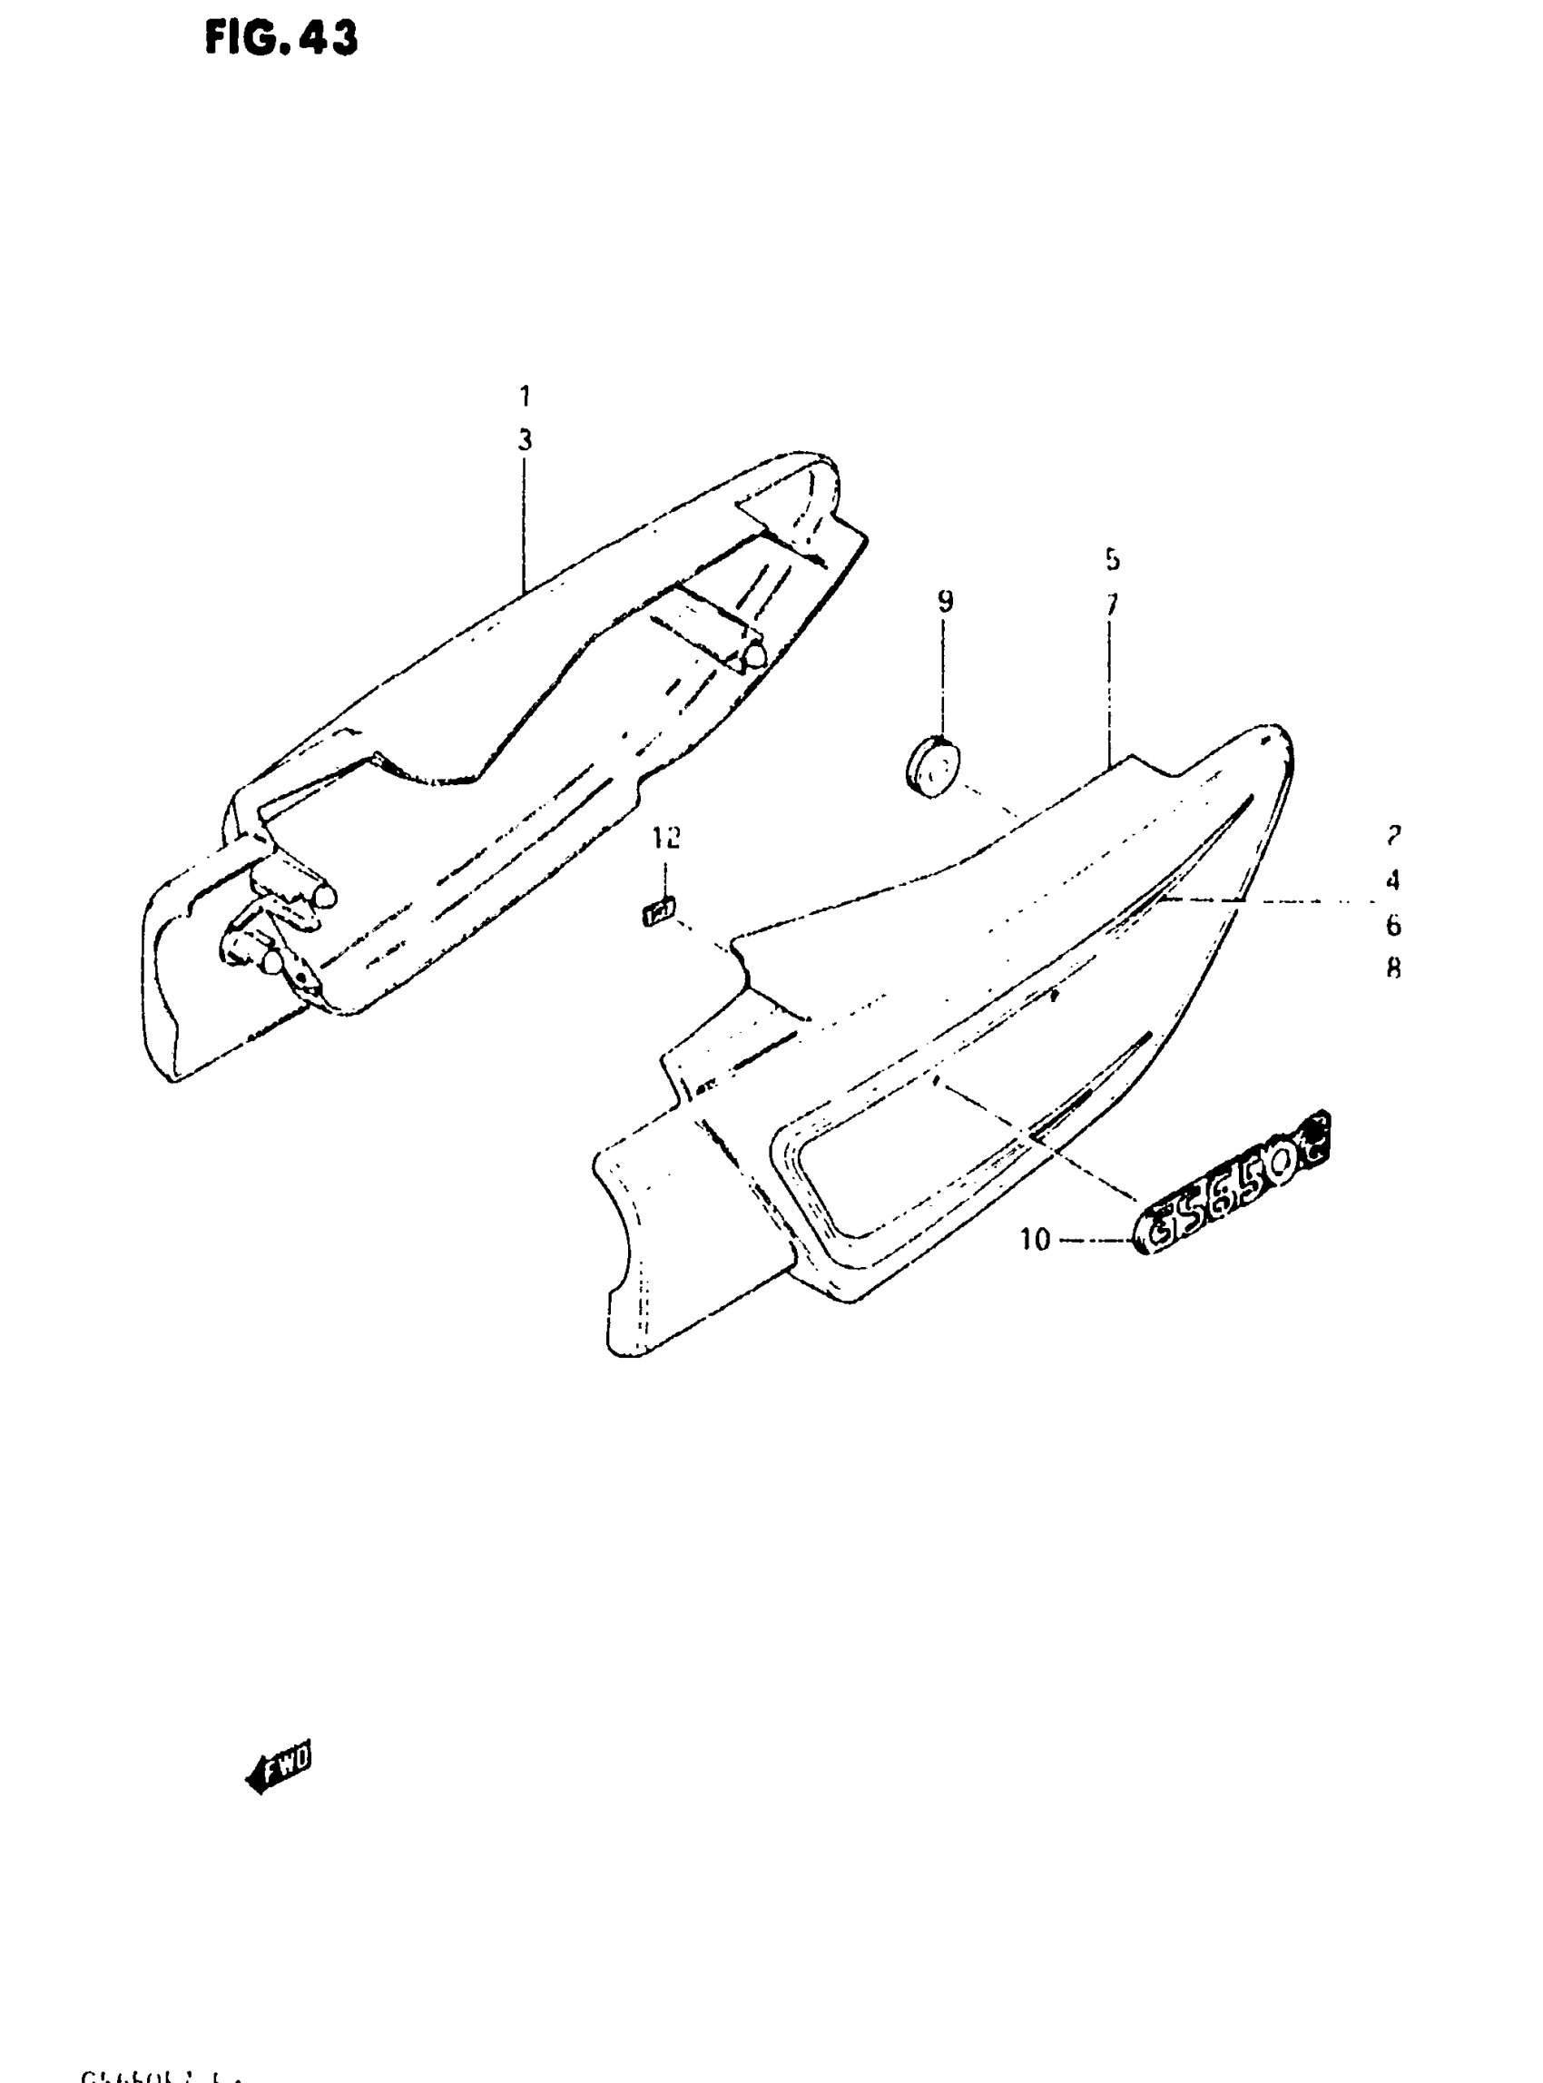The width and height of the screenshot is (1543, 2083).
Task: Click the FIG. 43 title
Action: pyautogui.click(x=281, y=39)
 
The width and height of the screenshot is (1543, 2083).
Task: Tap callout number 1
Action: pyautogui.click(x=525, y=396)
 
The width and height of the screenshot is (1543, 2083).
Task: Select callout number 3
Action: pyautogui.click(x=525, y=440)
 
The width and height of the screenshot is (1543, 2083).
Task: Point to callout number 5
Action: pyautogui.click(x=1112, y=559)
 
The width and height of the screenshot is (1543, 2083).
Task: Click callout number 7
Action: pyautogui.click(x=1112, y=604)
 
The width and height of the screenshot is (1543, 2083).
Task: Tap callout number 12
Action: pyautogui.click(x=666, y=838)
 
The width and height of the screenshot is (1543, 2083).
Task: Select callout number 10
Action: pyautogui.click(x=1035, y=1240)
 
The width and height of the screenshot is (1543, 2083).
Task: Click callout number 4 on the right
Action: pyautogui.click(x=1392, y=879)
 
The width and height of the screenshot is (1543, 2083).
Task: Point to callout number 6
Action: pyautogui.click(x=1392, y=925)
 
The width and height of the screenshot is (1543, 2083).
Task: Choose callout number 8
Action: pyautogui.click(x=1392, y=968)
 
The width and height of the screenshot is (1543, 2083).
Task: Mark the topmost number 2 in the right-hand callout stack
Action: pyautogui.click(x=1392, y=836)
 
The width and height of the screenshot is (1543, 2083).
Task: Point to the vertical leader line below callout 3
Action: pyautogui.click(x=524, y=523)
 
